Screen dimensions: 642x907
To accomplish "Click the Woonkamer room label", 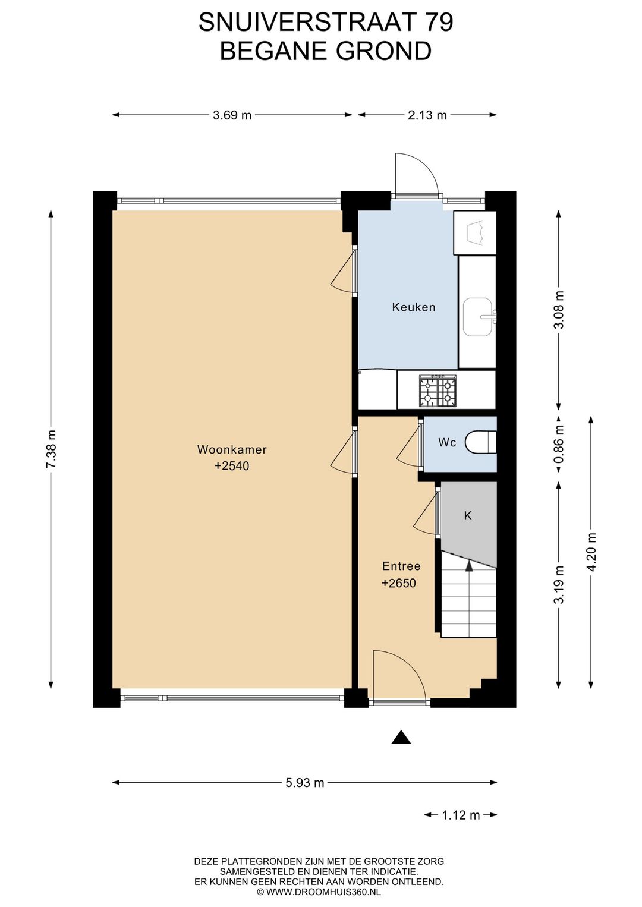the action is point(232,449).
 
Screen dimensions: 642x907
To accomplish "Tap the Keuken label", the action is point(414,307).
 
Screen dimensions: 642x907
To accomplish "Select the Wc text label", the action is point(447,443).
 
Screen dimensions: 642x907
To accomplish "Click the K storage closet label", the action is point(468,515).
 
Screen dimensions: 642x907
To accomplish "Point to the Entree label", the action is point(401,566).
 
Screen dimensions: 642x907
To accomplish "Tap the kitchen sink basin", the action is point(478,317).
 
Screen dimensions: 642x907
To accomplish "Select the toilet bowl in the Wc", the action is point(480,442).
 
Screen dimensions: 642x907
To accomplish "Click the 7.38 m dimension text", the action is point(51,449).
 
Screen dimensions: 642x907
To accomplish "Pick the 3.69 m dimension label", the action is point(232,115).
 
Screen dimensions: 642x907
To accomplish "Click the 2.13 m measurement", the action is point(427,115).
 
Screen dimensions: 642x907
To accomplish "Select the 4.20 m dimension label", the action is point(592,552).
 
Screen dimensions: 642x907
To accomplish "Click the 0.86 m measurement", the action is point(559,444).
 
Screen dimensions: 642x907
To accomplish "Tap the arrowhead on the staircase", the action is point(468,566).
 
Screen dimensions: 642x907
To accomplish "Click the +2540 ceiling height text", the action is point(232,466).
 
